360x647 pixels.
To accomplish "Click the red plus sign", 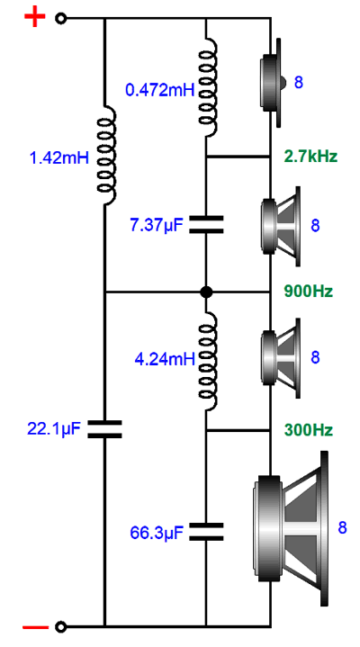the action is (x=35, y=18).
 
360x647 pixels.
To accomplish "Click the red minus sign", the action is (x=35, y=627).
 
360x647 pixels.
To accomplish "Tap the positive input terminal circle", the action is (x=61, y=18).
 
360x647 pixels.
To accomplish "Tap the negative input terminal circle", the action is (x=61, y=627).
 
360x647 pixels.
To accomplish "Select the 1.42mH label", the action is (x=60, y=157).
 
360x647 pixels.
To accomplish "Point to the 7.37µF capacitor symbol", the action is (x=206, y=224).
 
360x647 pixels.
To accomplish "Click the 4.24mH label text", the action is (x=165, y=359).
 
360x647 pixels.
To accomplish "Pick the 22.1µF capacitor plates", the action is (x=104, y=429).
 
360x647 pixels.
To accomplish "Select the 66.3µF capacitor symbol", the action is (x=206, y=532).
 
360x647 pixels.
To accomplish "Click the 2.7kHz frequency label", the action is (x=310, y=157).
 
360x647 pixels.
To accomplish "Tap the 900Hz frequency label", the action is (x=309, y=292).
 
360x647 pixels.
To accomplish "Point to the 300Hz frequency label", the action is (x=309, y=430).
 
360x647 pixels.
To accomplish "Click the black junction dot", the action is (x=206, y=292).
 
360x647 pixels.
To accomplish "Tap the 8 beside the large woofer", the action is (x=342, y=527).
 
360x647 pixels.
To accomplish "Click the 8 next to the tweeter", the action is (x=299, y=83).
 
